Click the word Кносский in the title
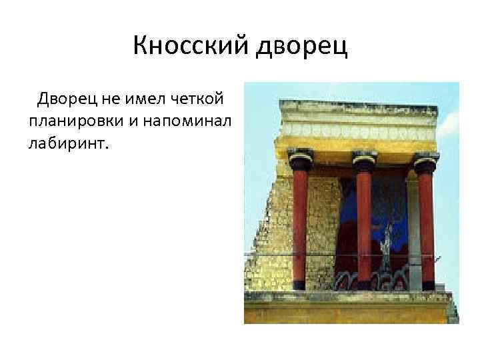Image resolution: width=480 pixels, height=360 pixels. (189, 46)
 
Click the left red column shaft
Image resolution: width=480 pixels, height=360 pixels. (299, 227)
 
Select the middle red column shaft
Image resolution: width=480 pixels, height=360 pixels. (364, 227)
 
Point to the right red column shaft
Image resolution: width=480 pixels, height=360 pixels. (426, 227)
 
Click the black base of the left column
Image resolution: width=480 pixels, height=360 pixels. (299, 285)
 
